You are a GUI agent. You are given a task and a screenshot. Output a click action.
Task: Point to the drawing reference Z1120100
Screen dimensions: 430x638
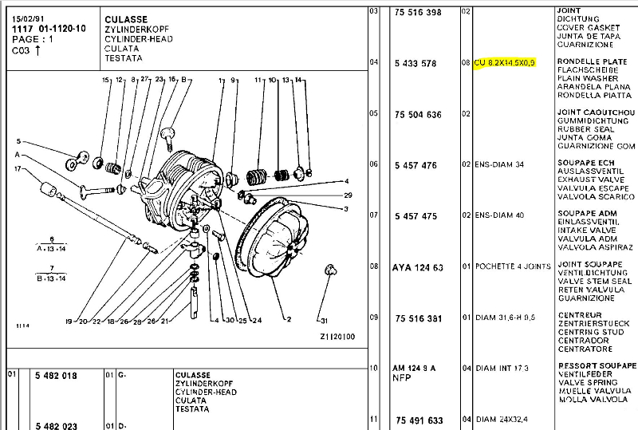click(337, 337)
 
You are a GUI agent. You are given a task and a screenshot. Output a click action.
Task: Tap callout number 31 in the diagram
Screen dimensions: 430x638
click(323, 321)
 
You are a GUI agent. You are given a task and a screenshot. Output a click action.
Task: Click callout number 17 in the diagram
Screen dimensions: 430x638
click(16, 168)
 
